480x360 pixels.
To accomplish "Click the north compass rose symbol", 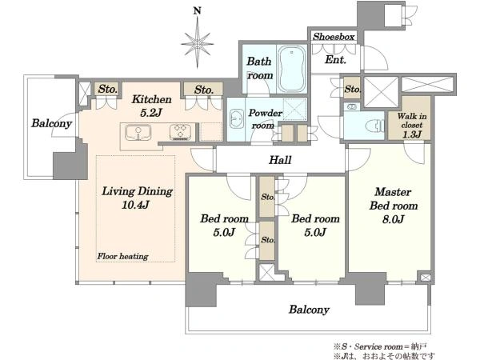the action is coord(197,43).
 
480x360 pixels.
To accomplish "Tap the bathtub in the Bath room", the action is coord(291,69).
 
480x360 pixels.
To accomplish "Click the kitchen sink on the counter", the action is coord(138,133).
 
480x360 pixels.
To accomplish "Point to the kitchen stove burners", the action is coord(180,133).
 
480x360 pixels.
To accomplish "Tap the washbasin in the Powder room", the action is coord(236,118).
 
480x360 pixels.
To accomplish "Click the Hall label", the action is coord(280,160).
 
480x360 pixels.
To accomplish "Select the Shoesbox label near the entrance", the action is coord(334,37).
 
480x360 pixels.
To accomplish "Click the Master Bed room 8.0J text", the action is coord(394,205).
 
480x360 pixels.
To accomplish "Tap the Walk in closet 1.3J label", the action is coord(412,126).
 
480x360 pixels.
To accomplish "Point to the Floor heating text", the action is coord(122,256).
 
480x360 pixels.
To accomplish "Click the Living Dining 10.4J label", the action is coord(137,198).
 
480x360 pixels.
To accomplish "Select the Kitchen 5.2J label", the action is coord(151,106).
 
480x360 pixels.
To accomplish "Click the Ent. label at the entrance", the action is coord(335,59).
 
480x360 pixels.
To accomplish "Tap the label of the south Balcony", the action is coord(309,310).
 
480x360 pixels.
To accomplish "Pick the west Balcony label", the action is coord(51,123).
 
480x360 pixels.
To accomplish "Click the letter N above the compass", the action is coord(198,11).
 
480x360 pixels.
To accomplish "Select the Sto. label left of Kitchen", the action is coord(108,90).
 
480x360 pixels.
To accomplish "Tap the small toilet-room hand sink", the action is coord(352,107).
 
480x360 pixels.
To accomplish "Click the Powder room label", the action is coord(265,119).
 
